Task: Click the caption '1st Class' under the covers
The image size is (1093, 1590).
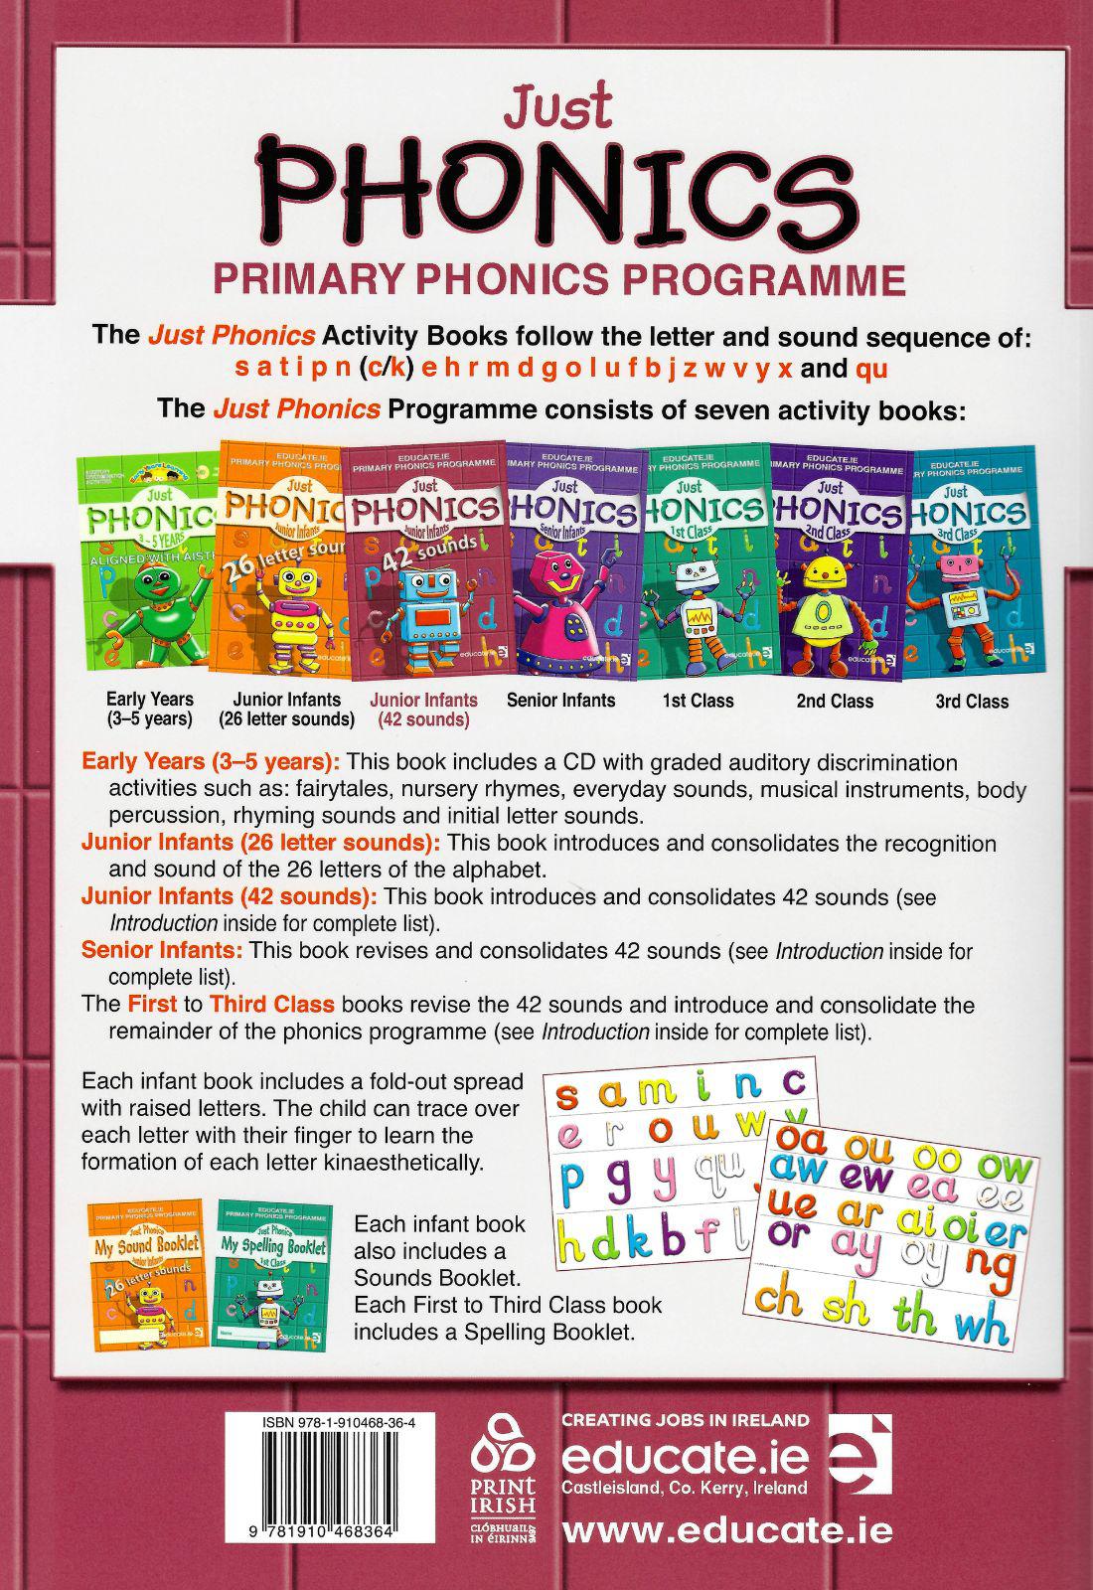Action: [698, 701]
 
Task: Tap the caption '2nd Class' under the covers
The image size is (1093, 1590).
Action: [835, 701]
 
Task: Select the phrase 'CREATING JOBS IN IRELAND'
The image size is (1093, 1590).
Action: [686, 1420]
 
